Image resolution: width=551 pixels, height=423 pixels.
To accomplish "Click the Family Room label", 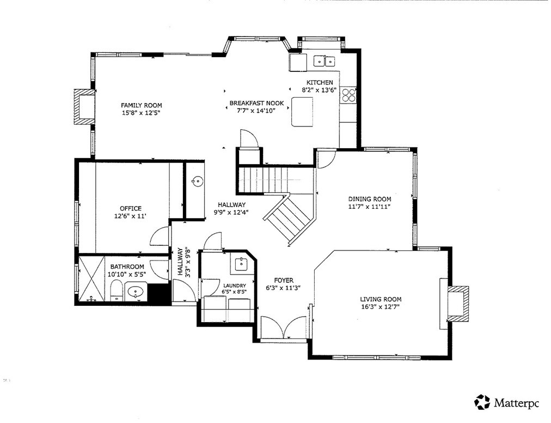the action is [141, 105].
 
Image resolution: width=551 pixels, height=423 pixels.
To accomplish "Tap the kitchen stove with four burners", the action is [348, 94].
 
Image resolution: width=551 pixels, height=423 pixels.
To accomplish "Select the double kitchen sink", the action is [325, 61].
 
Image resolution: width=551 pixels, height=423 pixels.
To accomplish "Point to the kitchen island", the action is [302, 112].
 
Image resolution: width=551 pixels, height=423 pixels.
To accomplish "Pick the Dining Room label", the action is [369, 199].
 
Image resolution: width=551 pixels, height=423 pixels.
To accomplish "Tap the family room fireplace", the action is [84, 107].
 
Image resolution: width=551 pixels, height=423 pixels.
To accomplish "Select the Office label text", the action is [131, 208].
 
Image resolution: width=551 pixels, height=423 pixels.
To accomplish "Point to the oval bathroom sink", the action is [136, 292].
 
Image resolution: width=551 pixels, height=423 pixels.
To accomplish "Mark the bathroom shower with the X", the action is [91, 279].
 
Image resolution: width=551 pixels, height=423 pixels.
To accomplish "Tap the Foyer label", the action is [284, 281].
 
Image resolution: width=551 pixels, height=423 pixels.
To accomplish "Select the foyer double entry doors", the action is [284, 328].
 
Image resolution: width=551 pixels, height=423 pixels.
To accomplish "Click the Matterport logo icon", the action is [482, 402].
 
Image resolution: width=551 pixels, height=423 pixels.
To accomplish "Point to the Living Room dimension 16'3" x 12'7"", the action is [381, 306].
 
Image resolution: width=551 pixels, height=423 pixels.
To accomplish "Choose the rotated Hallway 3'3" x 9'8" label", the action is [184, 262].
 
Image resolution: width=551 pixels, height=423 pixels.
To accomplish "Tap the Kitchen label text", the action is [320, 82].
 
